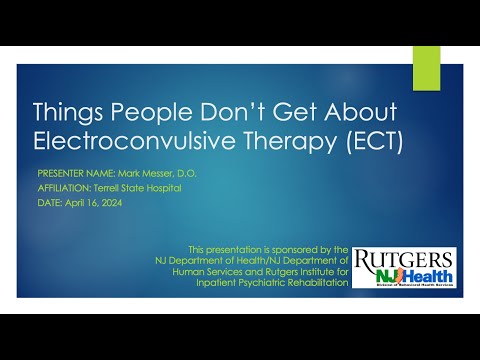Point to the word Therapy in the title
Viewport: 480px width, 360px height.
point(301,142)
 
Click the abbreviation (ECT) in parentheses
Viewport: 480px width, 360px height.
point(373,142)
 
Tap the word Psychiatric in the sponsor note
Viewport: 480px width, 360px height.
point(255,281)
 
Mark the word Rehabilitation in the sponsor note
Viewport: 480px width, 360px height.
point(312,281)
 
